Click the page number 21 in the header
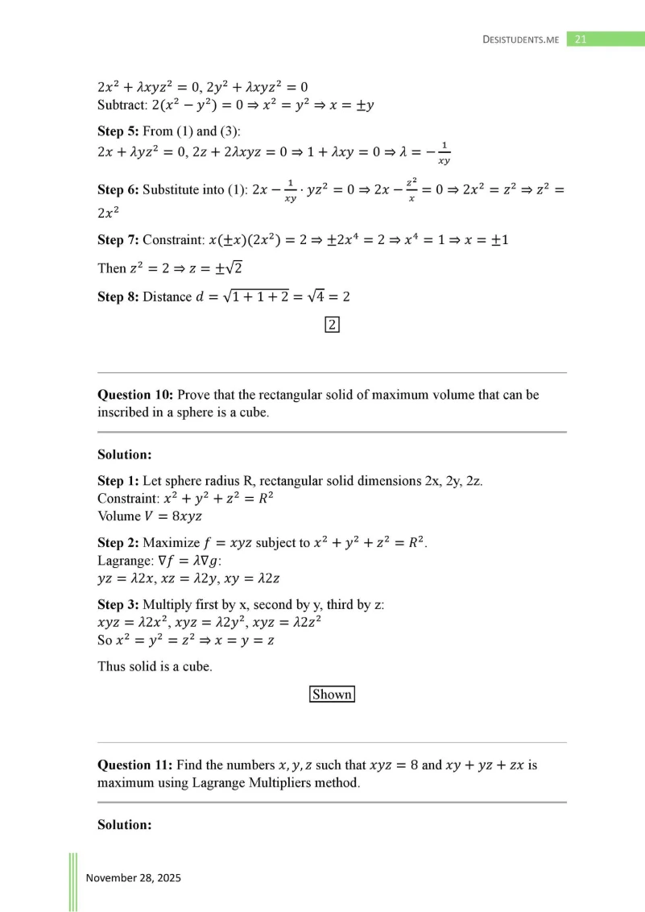click(581, 39)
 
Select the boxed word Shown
click(332, 694)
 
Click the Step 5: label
click(118, 131)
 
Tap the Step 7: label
click(118, 240)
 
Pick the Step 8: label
click(118, 297)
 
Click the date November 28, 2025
click(134, 877)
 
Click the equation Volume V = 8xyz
click(148, 516)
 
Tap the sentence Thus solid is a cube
click(155, 666)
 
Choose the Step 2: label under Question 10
click(118, 543)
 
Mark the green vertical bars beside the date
click(73, 881)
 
